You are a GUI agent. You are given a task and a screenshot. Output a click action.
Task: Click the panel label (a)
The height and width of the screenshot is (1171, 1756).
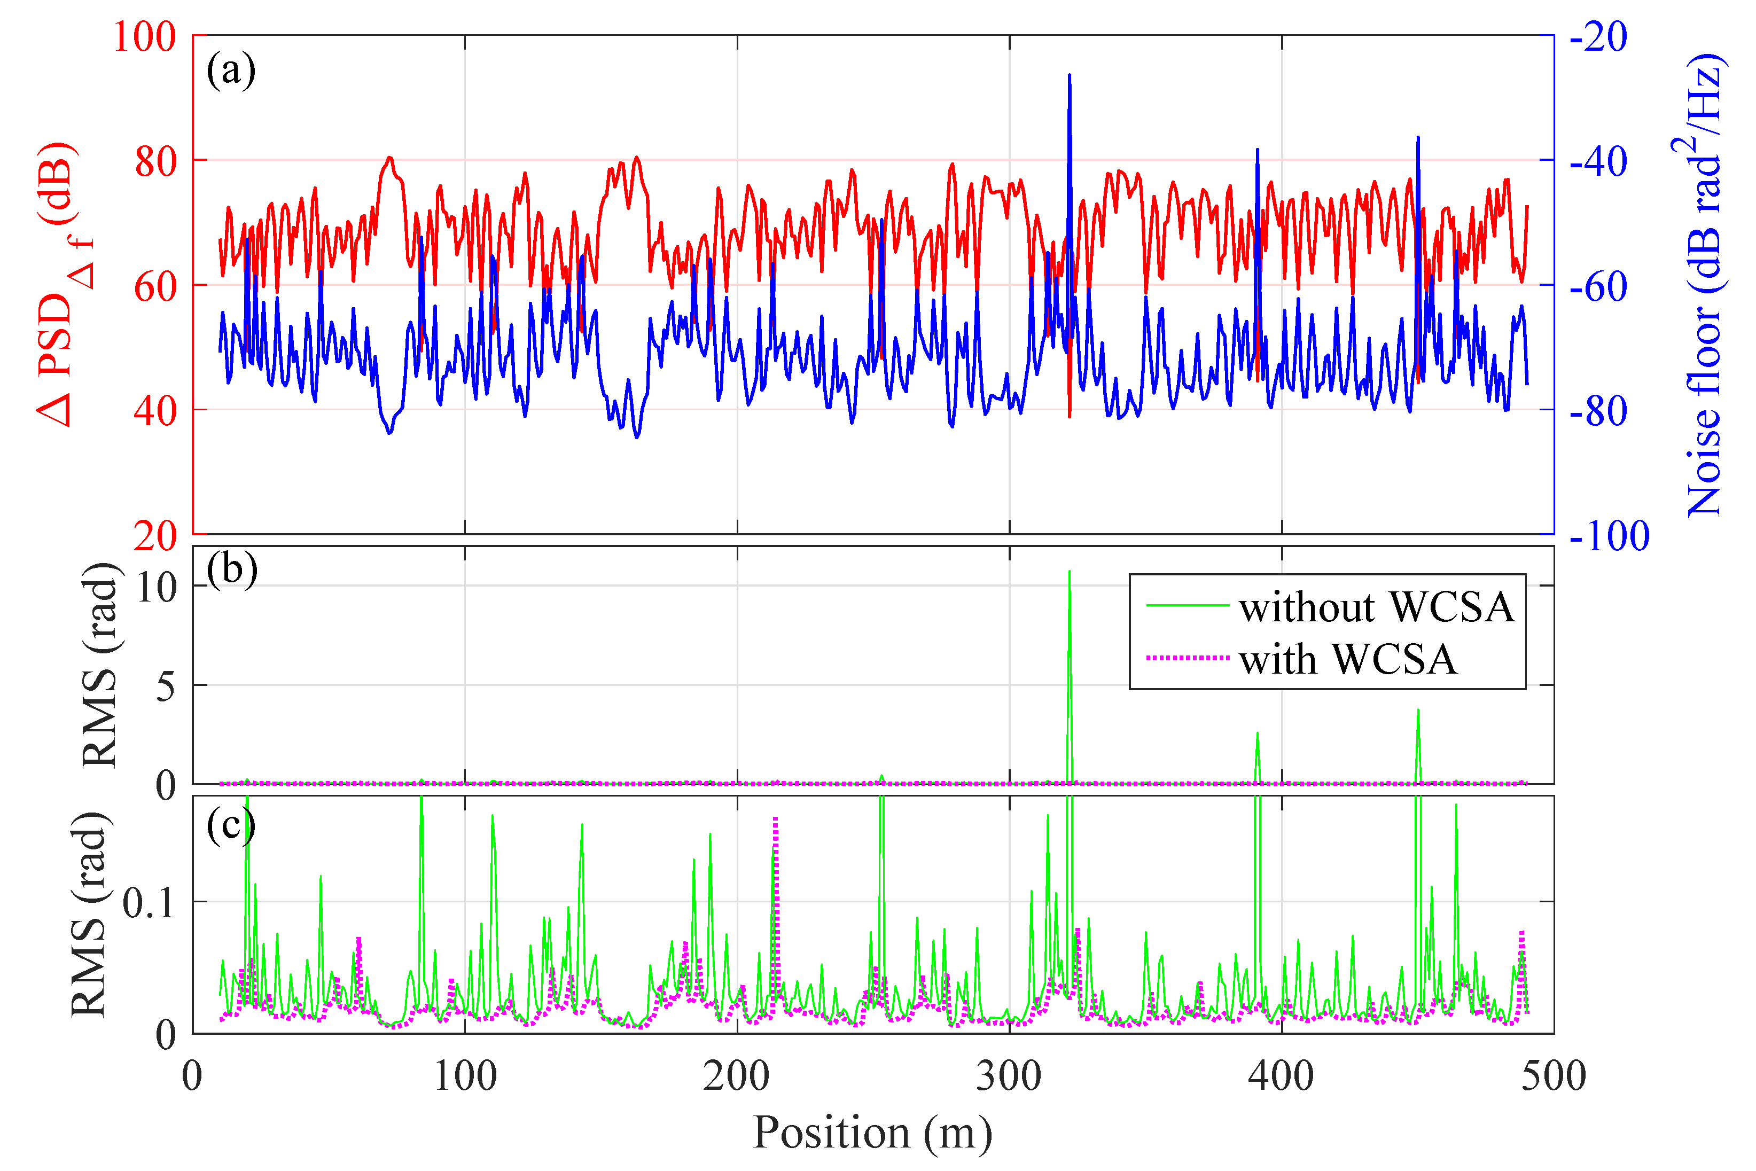click(231, 71)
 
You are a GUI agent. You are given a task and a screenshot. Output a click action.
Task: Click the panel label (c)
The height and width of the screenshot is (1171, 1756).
click(231, 825)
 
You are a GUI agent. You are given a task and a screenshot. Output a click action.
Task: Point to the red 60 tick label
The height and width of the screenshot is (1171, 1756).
click(155, 286)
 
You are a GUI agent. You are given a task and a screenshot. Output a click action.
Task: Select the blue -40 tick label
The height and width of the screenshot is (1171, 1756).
click(1598, 161)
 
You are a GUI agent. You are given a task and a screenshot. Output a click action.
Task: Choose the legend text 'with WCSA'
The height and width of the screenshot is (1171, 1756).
click(1348, 659)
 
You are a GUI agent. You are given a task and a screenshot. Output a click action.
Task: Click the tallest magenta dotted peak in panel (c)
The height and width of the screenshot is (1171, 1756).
click(775, 820)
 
